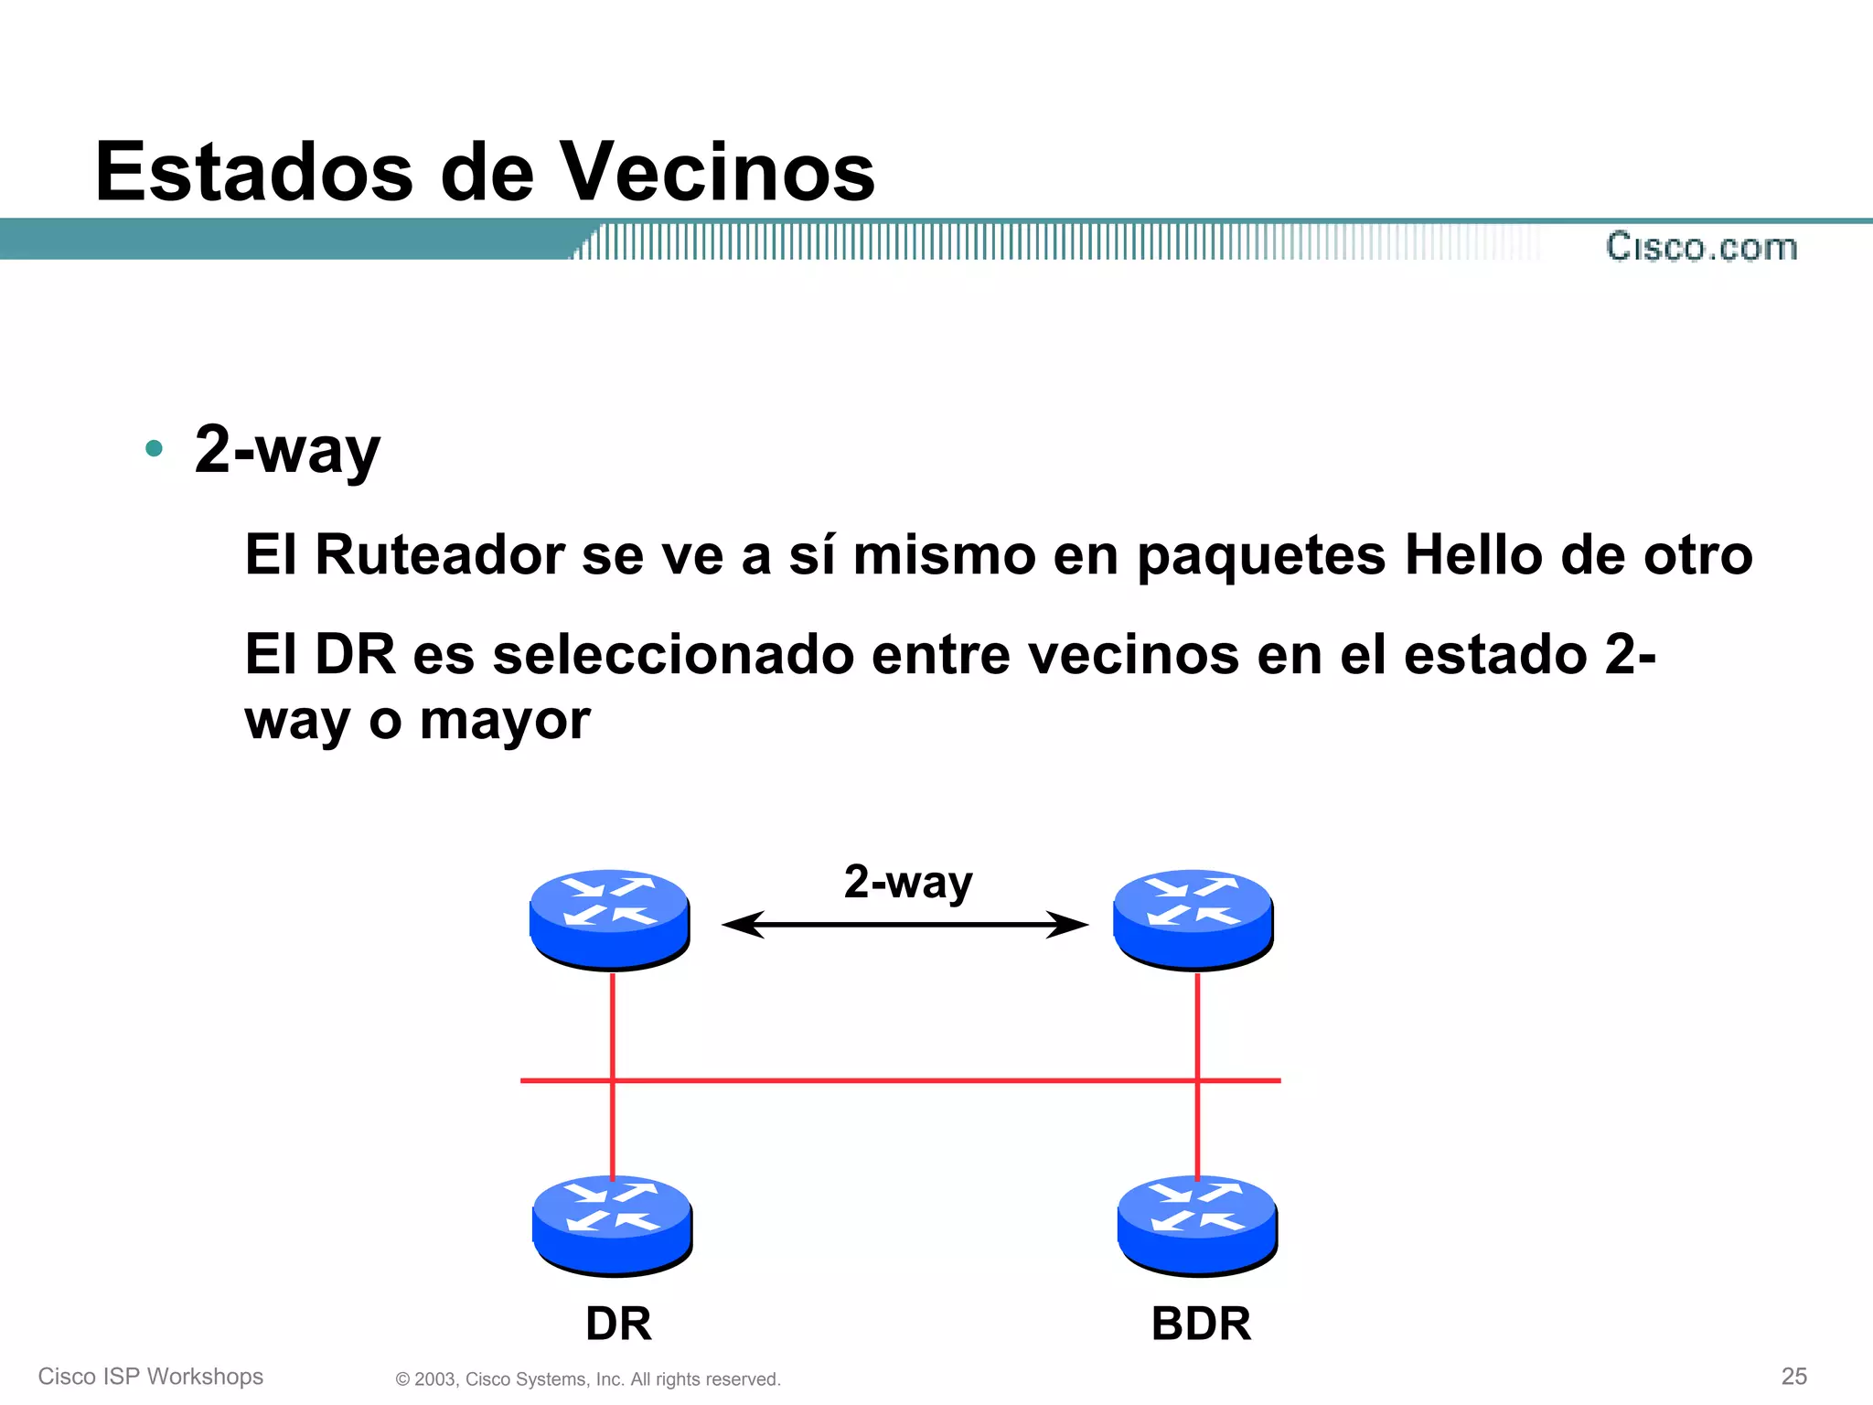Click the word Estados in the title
(x=254, y=172)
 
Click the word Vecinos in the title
(x=717, y=172)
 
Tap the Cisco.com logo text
(x=1701, y=247)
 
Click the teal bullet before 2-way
(x=154, y=448)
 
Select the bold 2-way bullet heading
(x=287, y=450)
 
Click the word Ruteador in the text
(x=439, y=554)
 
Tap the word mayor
(x=505, y=721)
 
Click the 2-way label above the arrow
(x=907, y=882)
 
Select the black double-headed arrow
(x=905, y=925)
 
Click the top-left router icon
(x=609, y=918)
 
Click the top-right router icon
(x=1193, y=918)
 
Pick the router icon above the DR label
(x=612, y=1224)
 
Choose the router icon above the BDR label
(x=1197, y=1224)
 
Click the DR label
(x=618, y=1324)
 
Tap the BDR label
(x=1201, y=1324)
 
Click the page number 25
(x=1793, y=1376)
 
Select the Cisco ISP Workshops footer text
(x=151, y=1377)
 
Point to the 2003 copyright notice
(x=588, y=1379)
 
